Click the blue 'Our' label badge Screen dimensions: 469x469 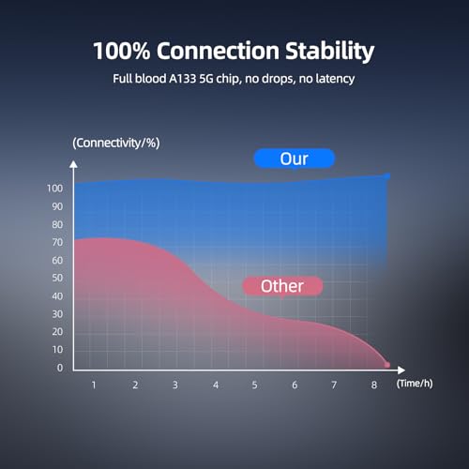(x=295, y=159)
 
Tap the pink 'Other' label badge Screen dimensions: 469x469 (x=282, y=286)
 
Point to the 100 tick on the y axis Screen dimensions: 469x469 (x=54, y=189)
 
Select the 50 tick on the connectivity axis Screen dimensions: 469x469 (x=57, y=278)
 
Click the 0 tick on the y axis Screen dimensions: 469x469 (x=60, y=368)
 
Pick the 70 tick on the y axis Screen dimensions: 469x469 (x=57, y=242)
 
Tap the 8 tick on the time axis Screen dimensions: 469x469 (x=374, y=385)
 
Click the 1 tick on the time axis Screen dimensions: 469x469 (x=94, y=385)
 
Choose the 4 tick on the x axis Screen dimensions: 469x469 (x=216, y=385)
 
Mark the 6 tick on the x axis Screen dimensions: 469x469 (x=295, y=385)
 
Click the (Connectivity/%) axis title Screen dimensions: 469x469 (x=116, y=143)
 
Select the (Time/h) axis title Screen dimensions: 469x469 (x=415, y=384)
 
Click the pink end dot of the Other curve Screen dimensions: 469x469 (x=387, y=365)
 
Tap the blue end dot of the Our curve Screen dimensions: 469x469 (x=387, y=176)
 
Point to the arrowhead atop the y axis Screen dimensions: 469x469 (x=73, y=164)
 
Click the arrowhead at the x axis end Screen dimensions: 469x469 (x=401, y=371)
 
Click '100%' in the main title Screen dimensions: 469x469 (x=122, y=51)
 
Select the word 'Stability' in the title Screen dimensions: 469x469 (x=330, y=51)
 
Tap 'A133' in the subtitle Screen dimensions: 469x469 (x=182, y=79)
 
